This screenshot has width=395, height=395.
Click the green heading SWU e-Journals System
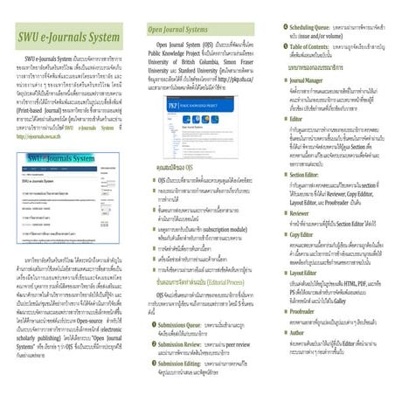pyautogui.click(x=69, y=40)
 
